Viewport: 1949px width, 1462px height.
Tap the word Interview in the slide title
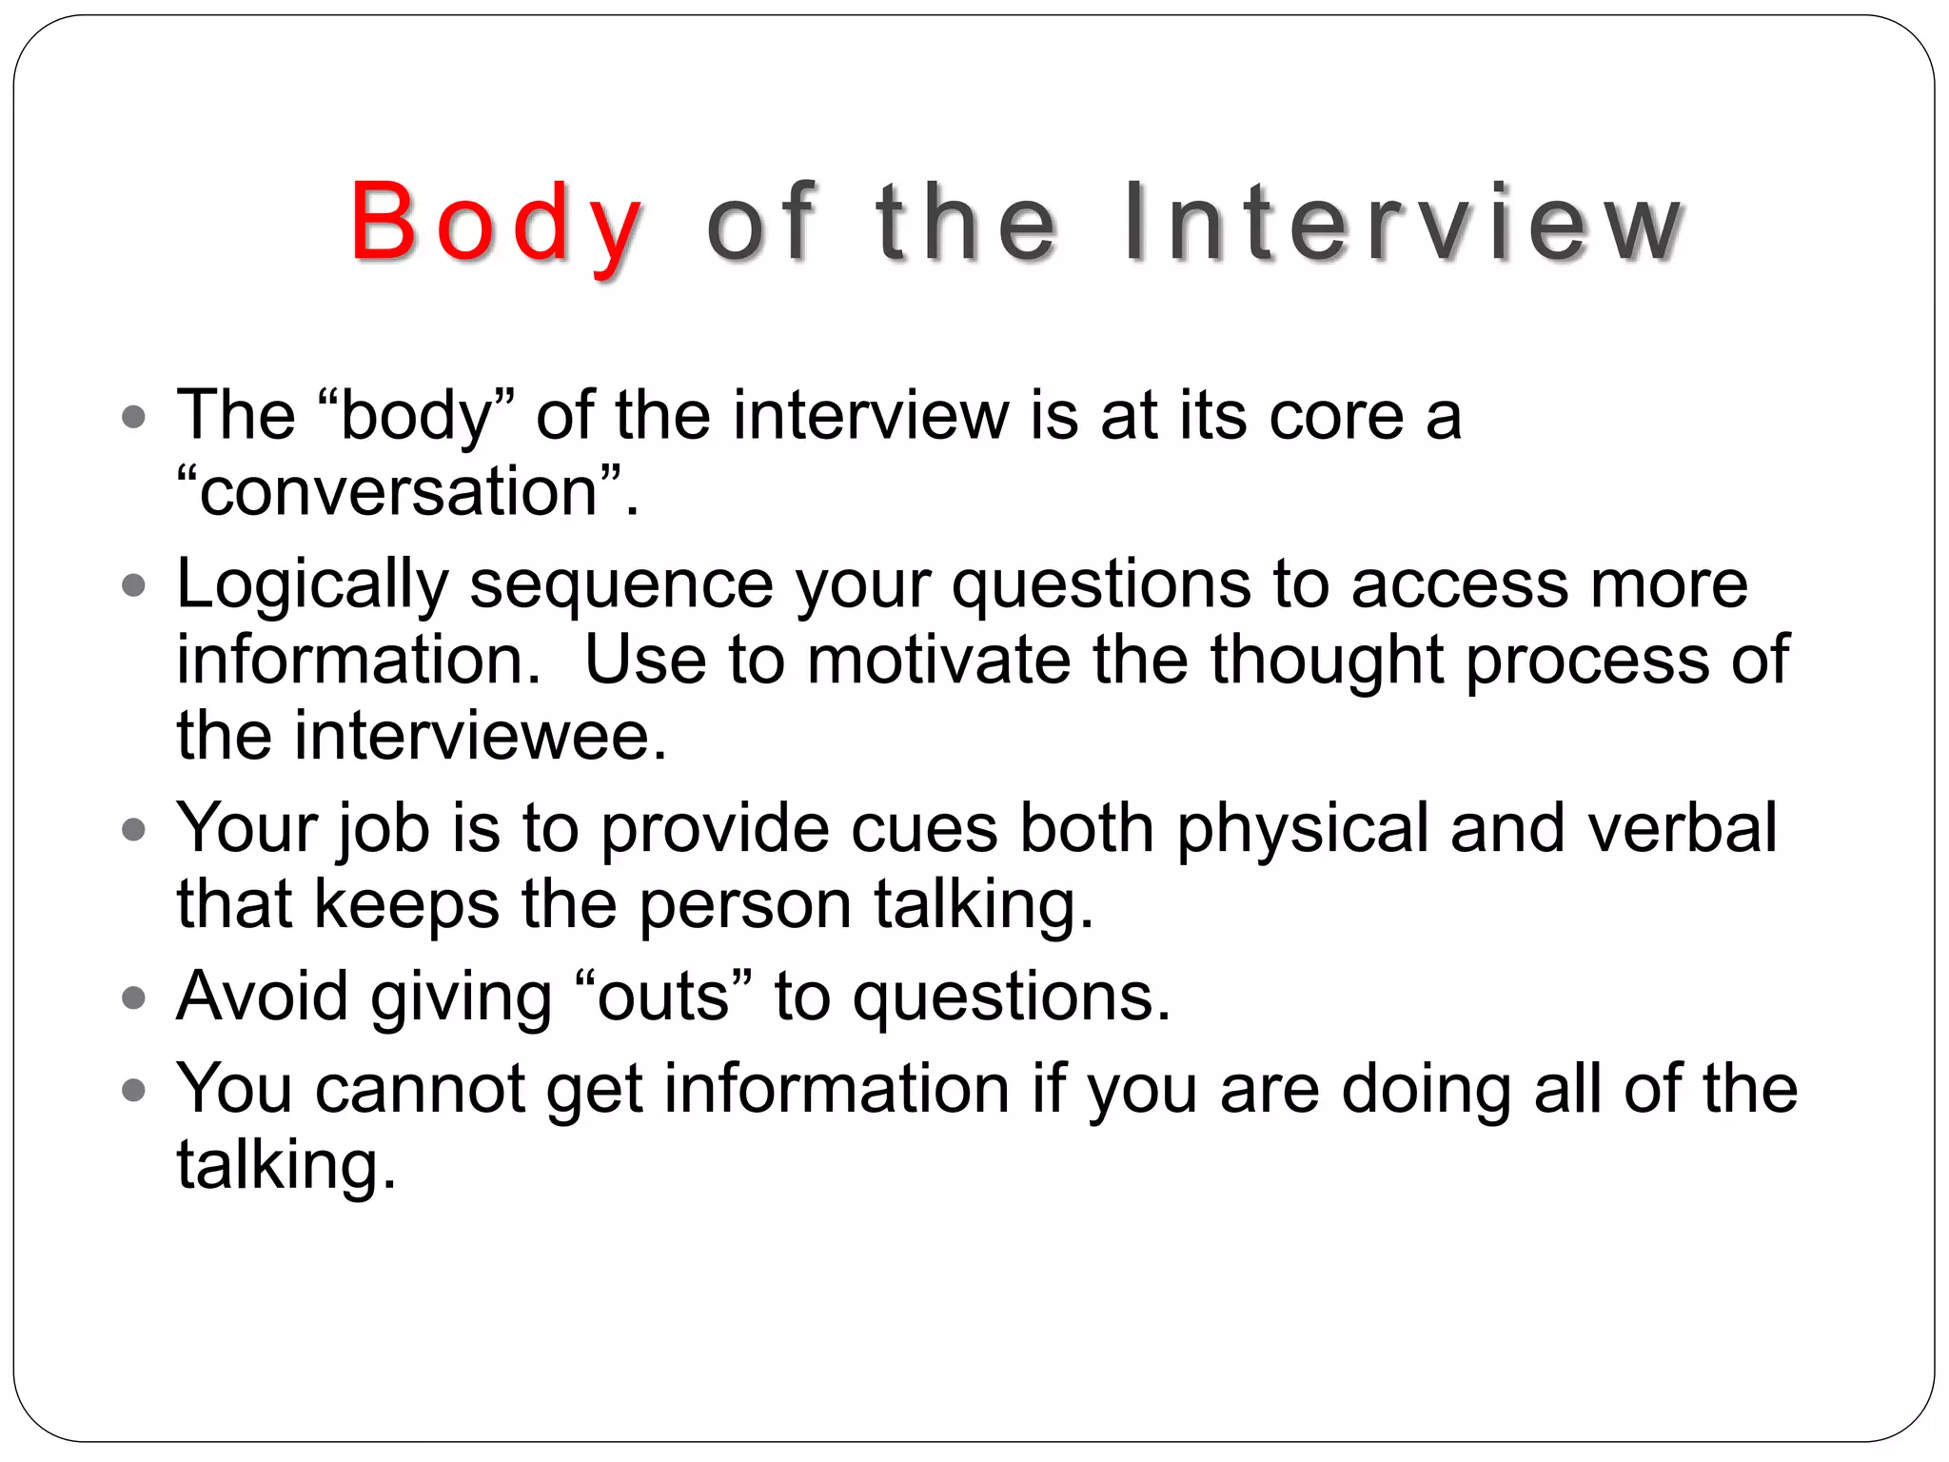pyautogui.click(x=1403, y=225)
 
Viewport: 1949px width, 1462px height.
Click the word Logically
pyautogui.click(x=312, y=584)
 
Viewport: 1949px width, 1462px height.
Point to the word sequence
pyautogui.click(x=621, y=584)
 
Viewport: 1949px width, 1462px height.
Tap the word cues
pyautogui.click(x=924, y=827)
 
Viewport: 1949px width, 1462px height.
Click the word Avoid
pyautogui.click(x=263, y=997)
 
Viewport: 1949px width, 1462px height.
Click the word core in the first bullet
pyautogui.click(x=1335, y=416)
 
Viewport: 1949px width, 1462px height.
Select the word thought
pyautogui.click(x=1327, y=660)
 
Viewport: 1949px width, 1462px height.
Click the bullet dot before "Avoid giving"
pyautogui.click(x=134, y=998)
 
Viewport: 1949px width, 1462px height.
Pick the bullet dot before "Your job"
pyautogui.click(x=134, y=830)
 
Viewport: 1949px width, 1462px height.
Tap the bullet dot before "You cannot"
pyautogui.click(x=134, y=1090)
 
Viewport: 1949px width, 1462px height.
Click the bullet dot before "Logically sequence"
pyautogui.click(x=134, y=586)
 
